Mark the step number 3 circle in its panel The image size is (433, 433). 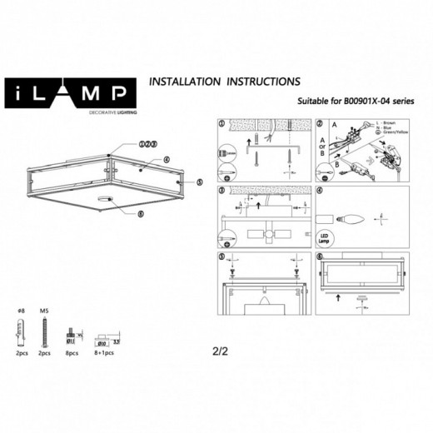[221, 191]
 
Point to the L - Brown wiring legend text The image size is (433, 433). [387, 123]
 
